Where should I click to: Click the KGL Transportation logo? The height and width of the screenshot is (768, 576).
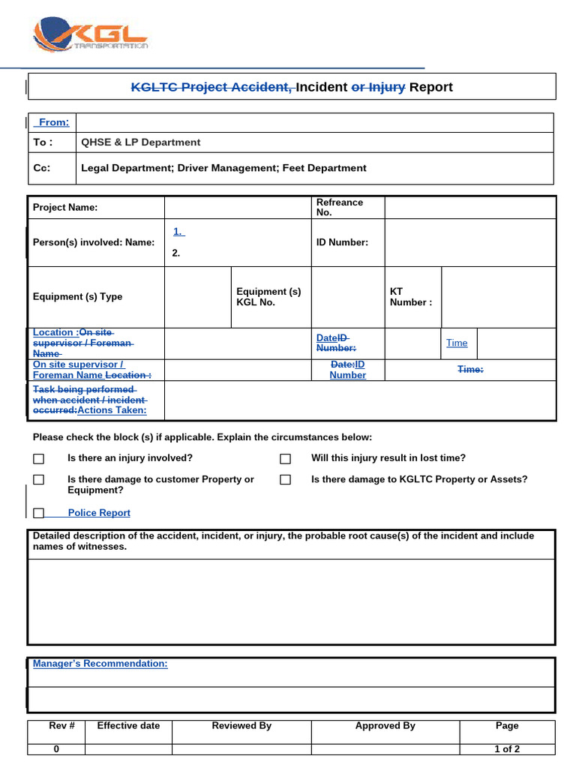click(90, 35)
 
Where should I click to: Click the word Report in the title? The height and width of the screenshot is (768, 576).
click(430, 87)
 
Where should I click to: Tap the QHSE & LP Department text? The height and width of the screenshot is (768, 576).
click(140, 142)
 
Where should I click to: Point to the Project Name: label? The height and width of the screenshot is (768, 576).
click(65, 207)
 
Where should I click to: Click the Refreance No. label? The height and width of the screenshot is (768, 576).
click(339, 207)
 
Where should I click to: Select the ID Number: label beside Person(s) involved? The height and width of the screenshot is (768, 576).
click(342, 242)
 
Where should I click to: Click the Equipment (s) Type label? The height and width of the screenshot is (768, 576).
click(77, 296)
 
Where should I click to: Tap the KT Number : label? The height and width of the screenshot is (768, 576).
click(410, 296)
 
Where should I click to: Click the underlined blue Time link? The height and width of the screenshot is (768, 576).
click(457, 343)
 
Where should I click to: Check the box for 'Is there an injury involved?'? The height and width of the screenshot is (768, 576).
click(39, 459)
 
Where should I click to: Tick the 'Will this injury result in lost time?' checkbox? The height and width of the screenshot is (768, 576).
click(285, 459)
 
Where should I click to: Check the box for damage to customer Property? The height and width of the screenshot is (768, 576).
click(39, 480)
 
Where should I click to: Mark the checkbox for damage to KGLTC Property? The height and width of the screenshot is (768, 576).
click(285, 480)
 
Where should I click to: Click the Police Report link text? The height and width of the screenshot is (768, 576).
click(99, 513)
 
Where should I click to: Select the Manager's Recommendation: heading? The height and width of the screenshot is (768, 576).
click(100, 664)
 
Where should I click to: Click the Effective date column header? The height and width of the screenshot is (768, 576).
click(128, 725)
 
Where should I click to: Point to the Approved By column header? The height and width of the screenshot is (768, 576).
click(385, 725)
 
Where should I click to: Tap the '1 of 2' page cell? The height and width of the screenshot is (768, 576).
click(507, 748)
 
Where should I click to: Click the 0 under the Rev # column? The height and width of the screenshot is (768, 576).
click(56, 748)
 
